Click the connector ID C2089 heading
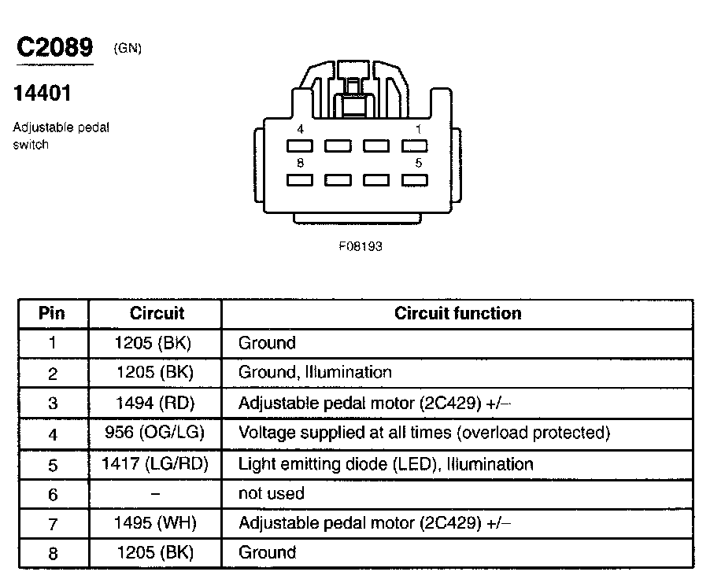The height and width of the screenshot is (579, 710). coord(55,47)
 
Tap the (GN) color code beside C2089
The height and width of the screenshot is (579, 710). coord(128,48)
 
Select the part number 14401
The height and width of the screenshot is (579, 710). coord(43,94)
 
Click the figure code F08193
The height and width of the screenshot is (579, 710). coord(361,246)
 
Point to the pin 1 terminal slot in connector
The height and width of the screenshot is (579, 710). coord(414,146)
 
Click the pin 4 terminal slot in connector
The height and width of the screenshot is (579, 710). coord(301,146)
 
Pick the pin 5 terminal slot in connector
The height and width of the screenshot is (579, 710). coord(414,180)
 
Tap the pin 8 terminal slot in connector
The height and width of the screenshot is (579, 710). coord(301,180)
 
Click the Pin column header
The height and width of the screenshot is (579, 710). coord(52,313)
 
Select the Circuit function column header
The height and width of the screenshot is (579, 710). coord(457,313)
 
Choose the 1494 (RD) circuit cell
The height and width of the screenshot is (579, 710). coord(154,403)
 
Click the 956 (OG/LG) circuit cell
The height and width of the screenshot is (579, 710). coord(154,433)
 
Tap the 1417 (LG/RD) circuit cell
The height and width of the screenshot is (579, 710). coord(154,463)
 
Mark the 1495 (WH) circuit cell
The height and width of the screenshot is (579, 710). coord(154,522)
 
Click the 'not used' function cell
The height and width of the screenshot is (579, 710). coord(271,493)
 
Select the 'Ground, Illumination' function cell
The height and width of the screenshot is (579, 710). coord(315,372)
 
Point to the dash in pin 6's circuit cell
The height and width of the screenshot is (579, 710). coord(155,493)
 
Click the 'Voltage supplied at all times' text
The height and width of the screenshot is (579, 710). coord(424,433)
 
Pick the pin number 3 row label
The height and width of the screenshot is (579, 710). coord(53,404)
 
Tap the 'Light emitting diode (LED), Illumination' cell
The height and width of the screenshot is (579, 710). coord(386,463)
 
